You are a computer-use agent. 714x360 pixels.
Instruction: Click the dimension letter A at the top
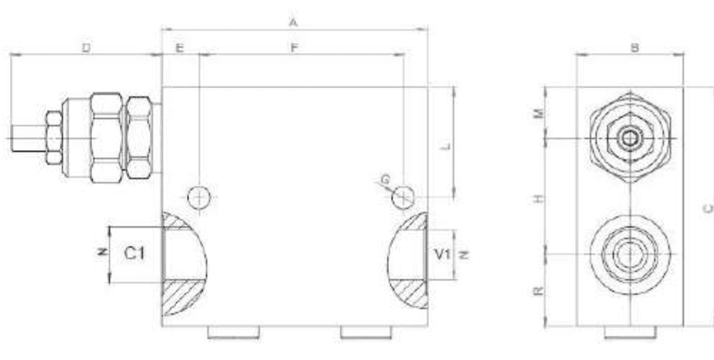[x=293, y=22]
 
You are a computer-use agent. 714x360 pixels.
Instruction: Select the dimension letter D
[x=86, y=48]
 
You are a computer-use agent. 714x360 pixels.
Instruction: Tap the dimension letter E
[x=180, y=48]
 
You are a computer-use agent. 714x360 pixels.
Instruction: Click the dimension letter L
[x=445, y=146]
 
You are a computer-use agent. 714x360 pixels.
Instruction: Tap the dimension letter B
[x=635, y=48]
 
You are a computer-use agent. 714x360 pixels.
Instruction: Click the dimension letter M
[x=540, y=112]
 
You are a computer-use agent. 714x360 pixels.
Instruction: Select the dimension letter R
[x=540, y=289]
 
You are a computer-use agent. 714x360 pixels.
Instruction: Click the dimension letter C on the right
[x=706, y=208]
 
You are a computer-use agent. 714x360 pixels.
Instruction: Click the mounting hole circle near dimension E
[x=199, y=196]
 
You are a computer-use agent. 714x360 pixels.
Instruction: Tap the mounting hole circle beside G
[x=403, y=198]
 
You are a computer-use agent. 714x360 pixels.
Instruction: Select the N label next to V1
[x=461, y=254]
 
